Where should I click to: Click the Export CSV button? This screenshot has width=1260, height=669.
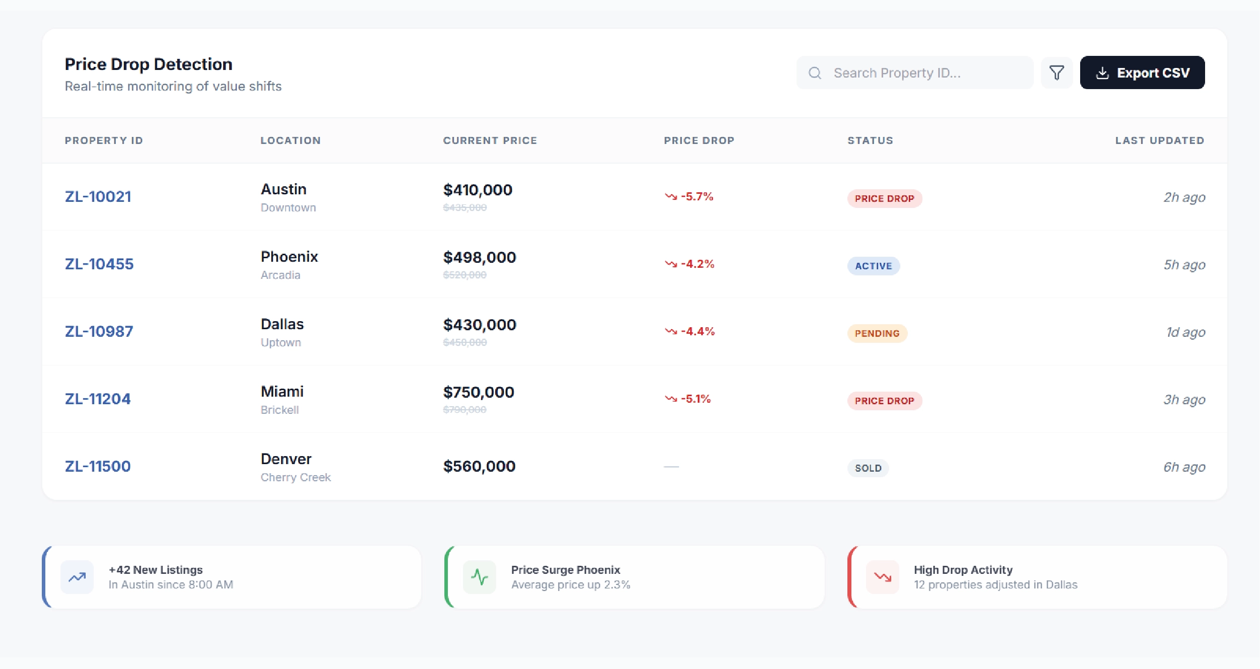click(x=1142, y=73)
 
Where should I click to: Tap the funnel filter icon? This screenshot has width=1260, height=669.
click(x=1056, y=73)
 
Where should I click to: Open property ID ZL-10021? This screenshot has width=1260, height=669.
click(x=98, y=196)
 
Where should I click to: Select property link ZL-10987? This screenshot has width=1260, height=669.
click(x=99, y=331)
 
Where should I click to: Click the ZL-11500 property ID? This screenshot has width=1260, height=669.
click(x=98, y=466)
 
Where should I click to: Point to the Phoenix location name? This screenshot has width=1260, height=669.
click(x=289, y=257)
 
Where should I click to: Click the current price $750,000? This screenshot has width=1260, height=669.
click(x=479, y=392)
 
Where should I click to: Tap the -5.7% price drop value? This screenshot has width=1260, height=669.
click(x=697, y=196)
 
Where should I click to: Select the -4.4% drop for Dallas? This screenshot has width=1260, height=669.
click(x=698, y=331)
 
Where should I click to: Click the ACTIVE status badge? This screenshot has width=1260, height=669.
click(x=873, y=266)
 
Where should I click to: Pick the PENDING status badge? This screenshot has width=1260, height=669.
click(x=877, y=333)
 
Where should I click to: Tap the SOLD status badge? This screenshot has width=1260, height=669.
click(x=868, y=468)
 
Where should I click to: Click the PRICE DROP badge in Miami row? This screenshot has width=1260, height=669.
click(x=884, y=401)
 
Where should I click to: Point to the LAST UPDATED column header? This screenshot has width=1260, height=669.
click(x=1159, y=140)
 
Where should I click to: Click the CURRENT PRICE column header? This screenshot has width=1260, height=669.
click(x=490, y=140)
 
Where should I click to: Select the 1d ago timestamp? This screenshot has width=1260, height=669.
click(x=1185, y=332)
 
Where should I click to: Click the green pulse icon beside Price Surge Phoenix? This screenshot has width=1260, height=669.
click(x=479, y=577)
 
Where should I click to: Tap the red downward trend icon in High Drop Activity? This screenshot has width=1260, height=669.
click(x=882, y=577)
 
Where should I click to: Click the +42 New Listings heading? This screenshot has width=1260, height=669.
click(x=156, y=570)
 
